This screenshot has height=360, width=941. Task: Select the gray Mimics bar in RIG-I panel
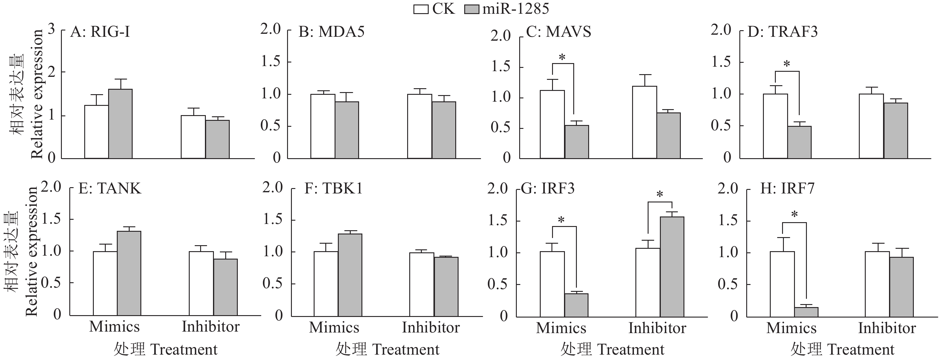point(120,123)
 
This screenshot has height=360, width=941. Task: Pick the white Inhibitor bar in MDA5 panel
point(420,126)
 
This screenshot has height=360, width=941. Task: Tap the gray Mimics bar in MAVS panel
point(577,142)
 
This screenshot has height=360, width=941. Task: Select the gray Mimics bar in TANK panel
point(129,273)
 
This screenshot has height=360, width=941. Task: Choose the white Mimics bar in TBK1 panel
point(326,284)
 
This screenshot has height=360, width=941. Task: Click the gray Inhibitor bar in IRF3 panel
point(672,266)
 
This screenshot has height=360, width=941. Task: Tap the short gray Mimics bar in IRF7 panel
point(806,312)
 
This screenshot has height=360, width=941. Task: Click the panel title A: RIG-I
point(100,32)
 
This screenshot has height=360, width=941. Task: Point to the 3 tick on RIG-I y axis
point(51,29)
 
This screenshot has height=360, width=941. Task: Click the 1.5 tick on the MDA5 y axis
point(270,61)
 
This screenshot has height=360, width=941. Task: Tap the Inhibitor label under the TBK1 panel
point(431,327)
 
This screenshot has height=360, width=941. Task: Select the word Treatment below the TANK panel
point(184,350)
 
